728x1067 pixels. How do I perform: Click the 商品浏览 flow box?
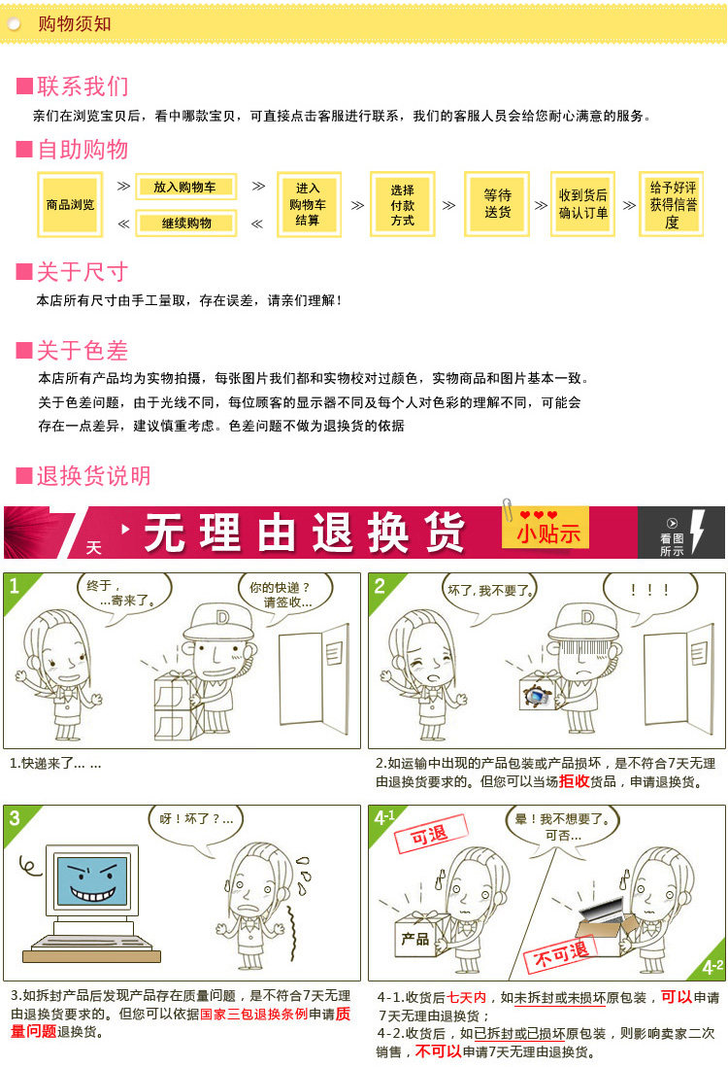[70, 204]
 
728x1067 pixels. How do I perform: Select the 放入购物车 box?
[185, 187]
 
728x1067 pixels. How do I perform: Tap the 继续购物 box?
[185, 224]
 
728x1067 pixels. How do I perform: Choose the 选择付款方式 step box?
[403, 204]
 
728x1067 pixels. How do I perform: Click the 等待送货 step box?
[497, 204]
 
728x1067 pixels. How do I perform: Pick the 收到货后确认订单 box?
[583, 204]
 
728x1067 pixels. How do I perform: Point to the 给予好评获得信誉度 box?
[672, 204]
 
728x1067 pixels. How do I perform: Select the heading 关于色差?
[83, 351]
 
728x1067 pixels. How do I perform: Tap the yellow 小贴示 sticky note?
[546, 528]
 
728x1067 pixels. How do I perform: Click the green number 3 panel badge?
[15, 817]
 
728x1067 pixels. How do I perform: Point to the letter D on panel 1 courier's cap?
[222, 618]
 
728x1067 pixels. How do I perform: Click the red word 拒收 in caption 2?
[574, 781]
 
